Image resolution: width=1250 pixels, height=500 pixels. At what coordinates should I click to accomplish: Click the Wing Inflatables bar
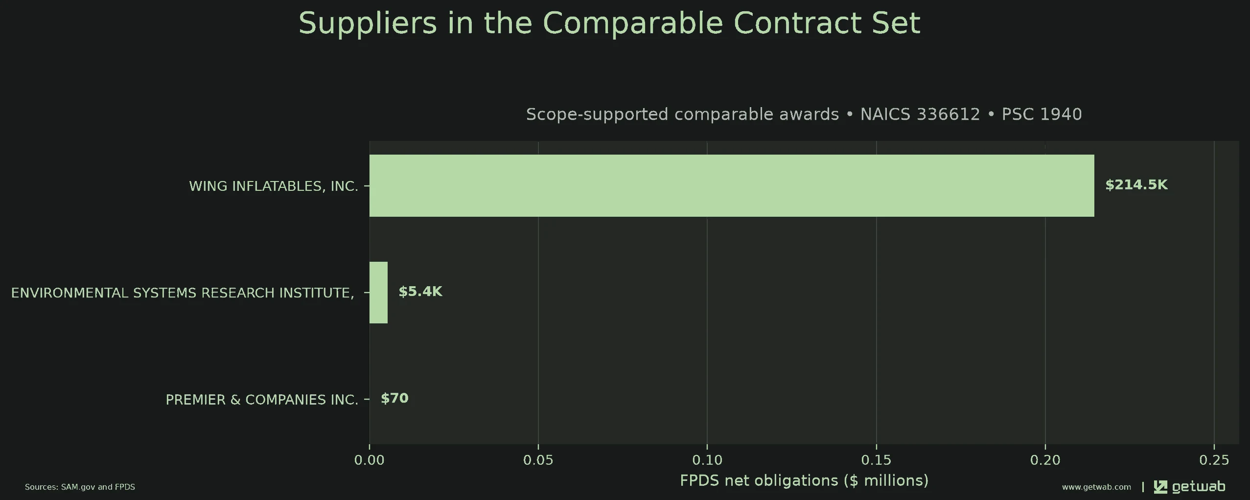coord(732,185)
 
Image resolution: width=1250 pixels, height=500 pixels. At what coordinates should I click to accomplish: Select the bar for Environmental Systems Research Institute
coord(378,293)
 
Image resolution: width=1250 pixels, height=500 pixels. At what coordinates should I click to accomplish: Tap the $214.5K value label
coord(1136,185)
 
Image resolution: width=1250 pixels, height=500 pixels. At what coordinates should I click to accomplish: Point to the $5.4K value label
coord(420,292)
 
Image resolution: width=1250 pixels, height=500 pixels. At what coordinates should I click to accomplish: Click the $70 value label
coord(394,398)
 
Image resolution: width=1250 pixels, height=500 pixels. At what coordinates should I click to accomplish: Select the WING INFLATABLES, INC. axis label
coord(274,186)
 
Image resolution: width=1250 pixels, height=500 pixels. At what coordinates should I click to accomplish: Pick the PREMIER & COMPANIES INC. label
coord(262,400)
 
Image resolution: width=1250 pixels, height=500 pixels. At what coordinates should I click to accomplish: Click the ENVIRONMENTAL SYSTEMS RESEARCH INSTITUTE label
coord(183,293)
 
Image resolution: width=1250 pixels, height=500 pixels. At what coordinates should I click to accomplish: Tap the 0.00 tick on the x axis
coord(369,460)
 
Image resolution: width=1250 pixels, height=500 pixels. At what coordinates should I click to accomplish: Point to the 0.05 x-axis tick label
coord(538,460)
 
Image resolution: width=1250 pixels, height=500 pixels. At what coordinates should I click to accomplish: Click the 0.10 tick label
coord(707,460)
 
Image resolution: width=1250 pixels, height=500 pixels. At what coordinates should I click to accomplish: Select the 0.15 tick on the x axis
coord(876,460)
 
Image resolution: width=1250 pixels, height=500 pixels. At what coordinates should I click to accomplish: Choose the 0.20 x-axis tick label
coord(1045,460)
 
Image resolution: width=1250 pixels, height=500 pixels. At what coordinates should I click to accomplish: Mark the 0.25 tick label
coord(1214,460)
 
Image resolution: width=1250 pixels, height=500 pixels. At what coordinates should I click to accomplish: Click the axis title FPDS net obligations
coord(804,480)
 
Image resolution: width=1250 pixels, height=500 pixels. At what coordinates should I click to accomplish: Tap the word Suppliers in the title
coord(368,23)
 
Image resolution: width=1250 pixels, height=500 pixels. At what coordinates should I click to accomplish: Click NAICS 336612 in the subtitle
coord(920,114)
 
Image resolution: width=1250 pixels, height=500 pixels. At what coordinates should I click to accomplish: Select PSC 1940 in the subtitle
coord(1042,114)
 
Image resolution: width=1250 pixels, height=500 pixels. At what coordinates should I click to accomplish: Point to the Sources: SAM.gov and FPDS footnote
coord(80,487)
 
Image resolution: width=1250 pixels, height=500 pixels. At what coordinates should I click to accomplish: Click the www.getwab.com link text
coord(1096,487)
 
